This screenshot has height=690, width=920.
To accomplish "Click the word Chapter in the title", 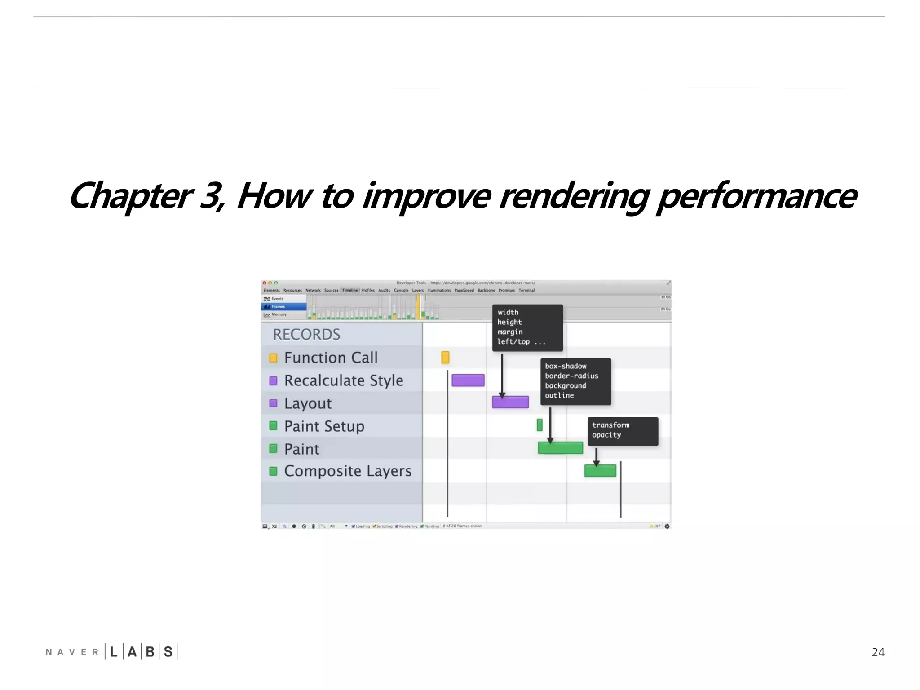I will (130, 196).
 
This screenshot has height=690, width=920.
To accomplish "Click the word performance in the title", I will (756, 196).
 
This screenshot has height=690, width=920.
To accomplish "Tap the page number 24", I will (878, 652).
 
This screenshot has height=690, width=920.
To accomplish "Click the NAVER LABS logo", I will (111, 651).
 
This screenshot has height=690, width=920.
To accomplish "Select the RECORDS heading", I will (306, 335).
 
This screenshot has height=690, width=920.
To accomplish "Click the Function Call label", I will (331, 358).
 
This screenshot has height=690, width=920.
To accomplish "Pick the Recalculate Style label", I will (344, 380).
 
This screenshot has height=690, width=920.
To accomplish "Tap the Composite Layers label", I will (348, 471).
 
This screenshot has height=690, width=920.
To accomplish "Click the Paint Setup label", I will (324, 426).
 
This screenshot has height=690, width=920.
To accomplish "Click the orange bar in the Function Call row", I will (445, 358).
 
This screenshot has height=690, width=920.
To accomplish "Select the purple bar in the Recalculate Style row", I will (468, 380).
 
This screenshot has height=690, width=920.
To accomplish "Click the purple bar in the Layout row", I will (510, 402).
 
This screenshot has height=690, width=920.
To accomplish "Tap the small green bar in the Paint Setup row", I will (540, 425).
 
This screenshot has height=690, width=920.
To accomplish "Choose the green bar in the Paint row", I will (560, 448).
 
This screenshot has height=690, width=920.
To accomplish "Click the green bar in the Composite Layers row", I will (600, 471).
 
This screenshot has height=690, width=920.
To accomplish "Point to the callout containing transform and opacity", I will (623, 431).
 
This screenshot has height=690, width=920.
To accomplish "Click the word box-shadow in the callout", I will (566, 366).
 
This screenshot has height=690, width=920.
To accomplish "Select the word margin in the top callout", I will (510, 332).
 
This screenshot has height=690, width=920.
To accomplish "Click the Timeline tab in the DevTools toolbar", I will (350, 290).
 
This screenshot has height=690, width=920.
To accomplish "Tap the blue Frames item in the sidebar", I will (283, 306).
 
